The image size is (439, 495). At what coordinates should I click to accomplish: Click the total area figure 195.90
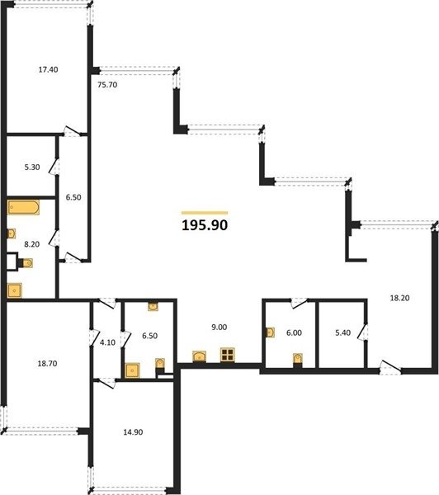(x=205, y=225)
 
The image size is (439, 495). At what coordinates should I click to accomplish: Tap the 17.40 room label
(x=49, y=69)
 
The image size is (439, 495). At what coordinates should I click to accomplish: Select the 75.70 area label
(x=107, y=85)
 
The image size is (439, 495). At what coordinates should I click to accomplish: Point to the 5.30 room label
(x=32, y=167)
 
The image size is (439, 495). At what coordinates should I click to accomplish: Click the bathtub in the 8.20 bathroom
(x=23, y=207)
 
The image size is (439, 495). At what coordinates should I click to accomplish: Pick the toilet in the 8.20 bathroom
(x=26, y=263)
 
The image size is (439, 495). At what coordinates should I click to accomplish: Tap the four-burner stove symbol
(x=228, y=355)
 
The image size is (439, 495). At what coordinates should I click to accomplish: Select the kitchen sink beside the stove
(x=200, y=356)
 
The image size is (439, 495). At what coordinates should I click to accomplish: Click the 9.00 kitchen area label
(x=219, y=328)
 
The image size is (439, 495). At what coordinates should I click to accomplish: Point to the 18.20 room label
(x=400, y=298)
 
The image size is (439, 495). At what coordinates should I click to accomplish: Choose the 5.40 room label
(x=342, y=332)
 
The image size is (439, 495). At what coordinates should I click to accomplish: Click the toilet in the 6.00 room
(x=298, y=360)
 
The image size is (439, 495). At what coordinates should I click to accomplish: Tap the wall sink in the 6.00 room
(x=271, y=332)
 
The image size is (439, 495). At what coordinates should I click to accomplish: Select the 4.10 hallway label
(x=108, y=342)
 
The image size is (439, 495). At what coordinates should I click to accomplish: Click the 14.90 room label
(x=133, y=431)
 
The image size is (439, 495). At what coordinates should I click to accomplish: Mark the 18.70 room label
(x=47, y=363)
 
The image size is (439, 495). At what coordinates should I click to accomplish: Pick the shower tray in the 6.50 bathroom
(x=132, y=370)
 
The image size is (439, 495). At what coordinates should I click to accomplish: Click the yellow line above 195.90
(x=205, y=213)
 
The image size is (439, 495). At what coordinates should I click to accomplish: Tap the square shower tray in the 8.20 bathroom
(x=15, y=290)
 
